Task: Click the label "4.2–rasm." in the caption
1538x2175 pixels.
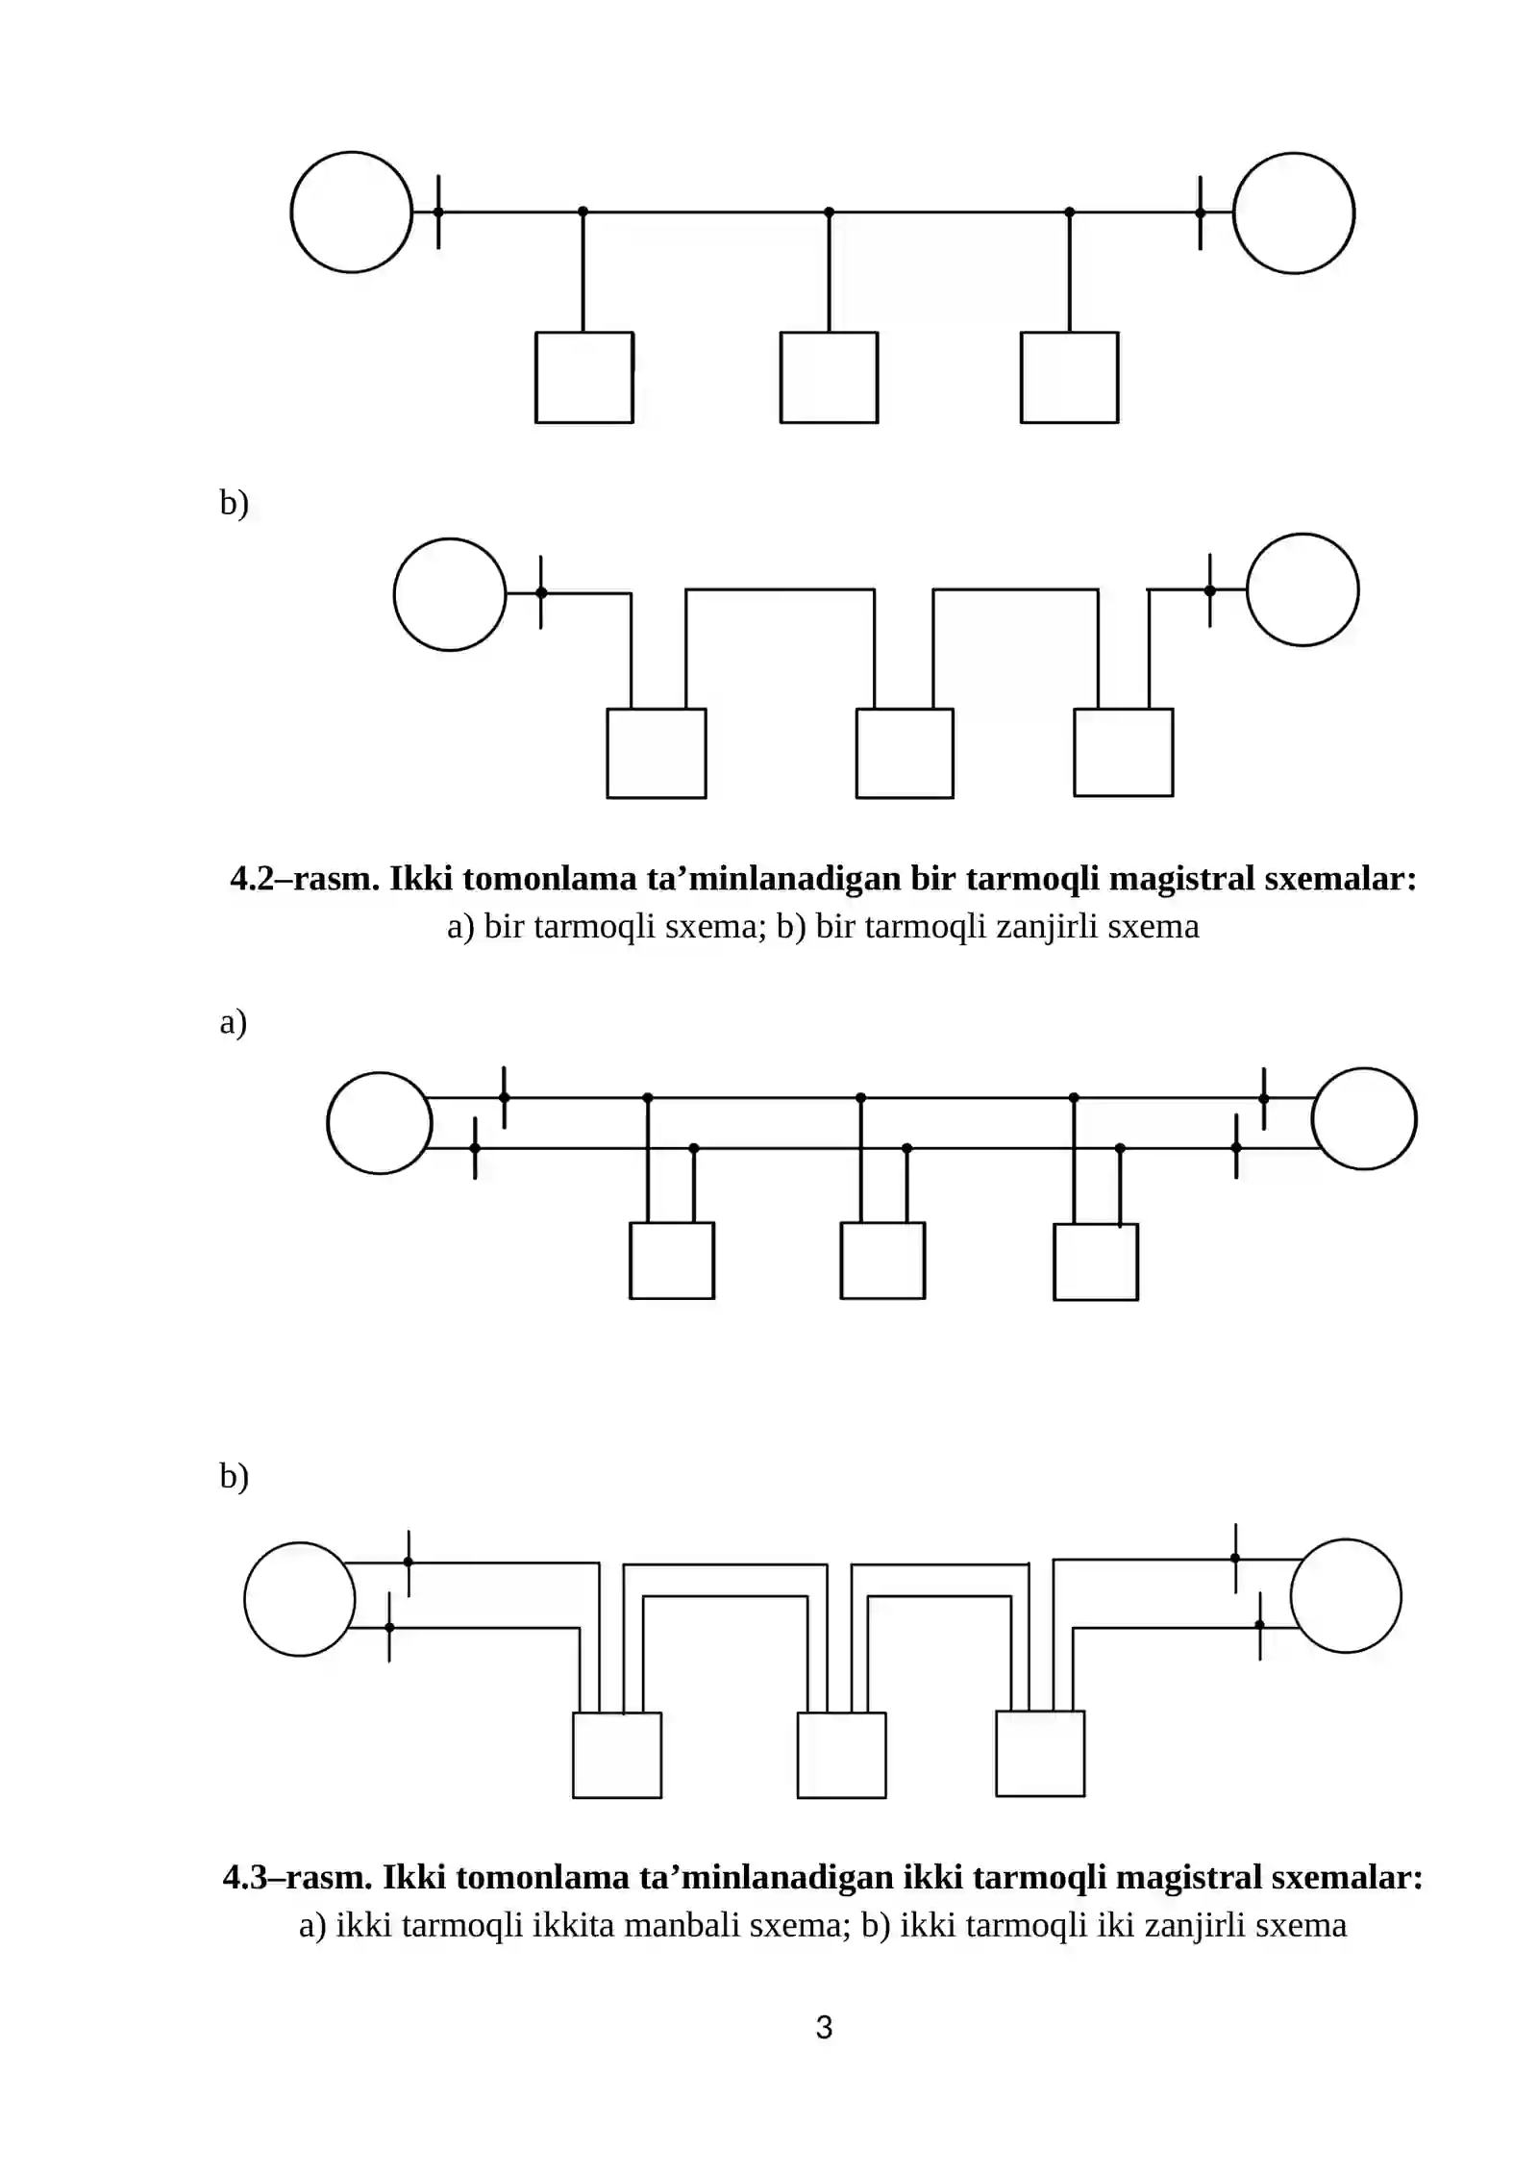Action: [305, 878]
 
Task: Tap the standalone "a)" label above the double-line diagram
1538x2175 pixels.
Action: [234, 1021]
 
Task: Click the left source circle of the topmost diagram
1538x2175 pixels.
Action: [352, 212]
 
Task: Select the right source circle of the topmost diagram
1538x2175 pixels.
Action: [1294, 213]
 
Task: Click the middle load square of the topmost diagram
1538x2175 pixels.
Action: [829, 378]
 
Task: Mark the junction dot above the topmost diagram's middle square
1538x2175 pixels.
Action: [830, 212]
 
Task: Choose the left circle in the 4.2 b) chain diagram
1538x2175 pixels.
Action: [450, 594]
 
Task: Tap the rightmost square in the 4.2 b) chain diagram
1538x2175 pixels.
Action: [1124, 753]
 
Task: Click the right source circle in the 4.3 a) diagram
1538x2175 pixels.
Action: [1364, 1119]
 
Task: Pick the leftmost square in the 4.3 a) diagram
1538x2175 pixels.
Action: [672, 1261]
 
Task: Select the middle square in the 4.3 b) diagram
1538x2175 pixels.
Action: [842, 1755]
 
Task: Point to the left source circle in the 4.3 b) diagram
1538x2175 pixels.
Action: [300, 1599]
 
